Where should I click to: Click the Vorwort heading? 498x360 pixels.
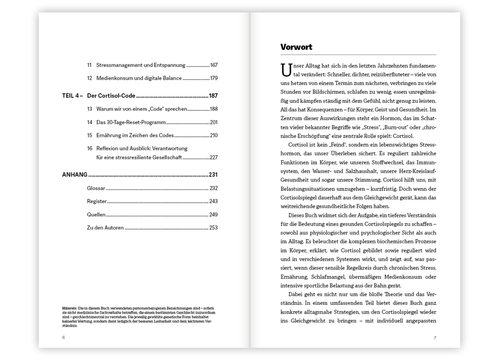pyautogui.click(x=296, y=47)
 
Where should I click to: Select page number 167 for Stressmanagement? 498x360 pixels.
pyautogui.click(x=213, y=65)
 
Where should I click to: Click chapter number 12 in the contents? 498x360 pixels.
pyautogui.click(x=90, y=78)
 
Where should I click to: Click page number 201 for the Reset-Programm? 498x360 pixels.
pyautogui.click(x=213, y=122)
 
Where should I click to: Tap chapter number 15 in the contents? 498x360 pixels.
pyautogui.click(x=90, y=135)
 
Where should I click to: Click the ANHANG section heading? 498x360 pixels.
pyautogui.click(x=75, y=174)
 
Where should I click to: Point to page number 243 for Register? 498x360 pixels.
pyautogui.click(x=213, y=201)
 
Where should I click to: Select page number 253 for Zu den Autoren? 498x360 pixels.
pyautogui.click(x=213, y=228)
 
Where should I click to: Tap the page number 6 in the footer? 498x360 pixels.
pyautogui.click(x=63, y=338)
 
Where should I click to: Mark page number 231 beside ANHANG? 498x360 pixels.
pyautogui.click(x=213, y=174)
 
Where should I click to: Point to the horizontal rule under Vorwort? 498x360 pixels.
pyautogui.click(x=358, y=55)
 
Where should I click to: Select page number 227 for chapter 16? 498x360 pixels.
pyautogui.click(x=213, y=157)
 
